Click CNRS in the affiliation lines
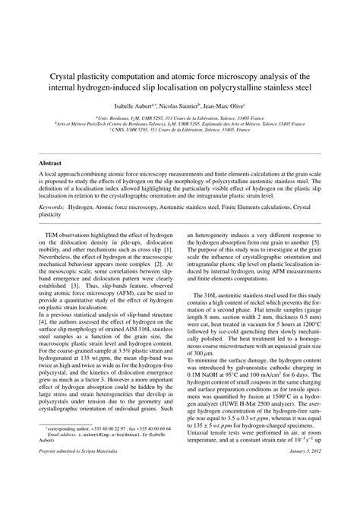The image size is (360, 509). (118, 130)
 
